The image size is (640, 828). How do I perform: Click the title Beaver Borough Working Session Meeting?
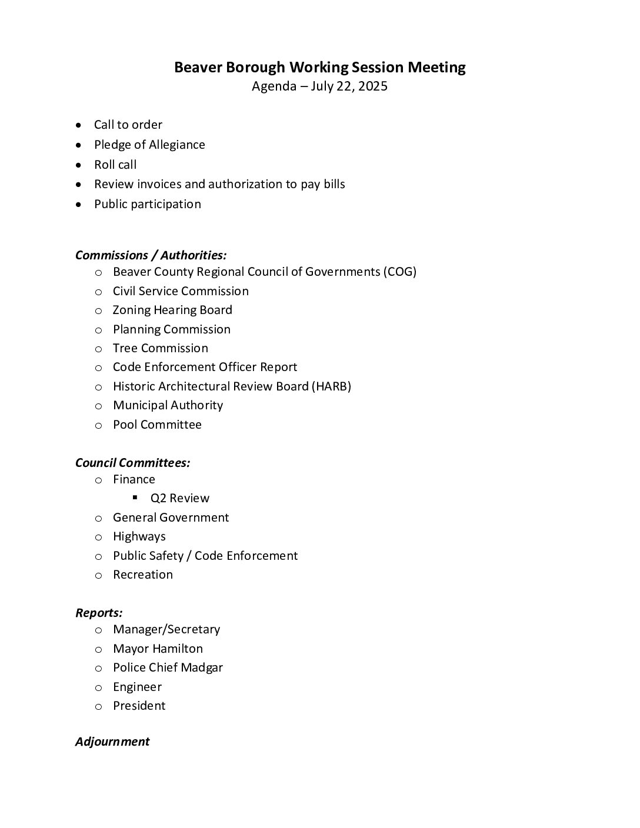(319, 68)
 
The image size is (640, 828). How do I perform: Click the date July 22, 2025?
(349, 86)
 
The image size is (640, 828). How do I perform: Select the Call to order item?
(128, 125)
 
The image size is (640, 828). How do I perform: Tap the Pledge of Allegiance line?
(149, 145)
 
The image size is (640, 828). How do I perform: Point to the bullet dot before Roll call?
(78, 165)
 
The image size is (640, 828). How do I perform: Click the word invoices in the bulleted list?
(159, 184)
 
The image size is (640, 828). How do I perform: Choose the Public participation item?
(147, 204)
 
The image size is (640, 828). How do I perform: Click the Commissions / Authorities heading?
(151, 255)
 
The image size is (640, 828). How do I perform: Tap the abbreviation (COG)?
(399, 272)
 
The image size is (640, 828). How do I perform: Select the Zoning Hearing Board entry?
(172, 310)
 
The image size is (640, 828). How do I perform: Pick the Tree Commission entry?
(160, 348)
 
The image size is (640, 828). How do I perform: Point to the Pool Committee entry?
(157, 425)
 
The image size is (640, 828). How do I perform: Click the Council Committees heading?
(132, 463)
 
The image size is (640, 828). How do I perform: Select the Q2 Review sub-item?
(179, 498)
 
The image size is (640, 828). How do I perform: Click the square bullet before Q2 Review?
(135, 498)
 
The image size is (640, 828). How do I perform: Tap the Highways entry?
(139, 536)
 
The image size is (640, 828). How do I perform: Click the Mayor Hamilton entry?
(158, 649)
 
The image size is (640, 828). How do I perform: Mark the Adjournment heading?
(112, 742)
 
